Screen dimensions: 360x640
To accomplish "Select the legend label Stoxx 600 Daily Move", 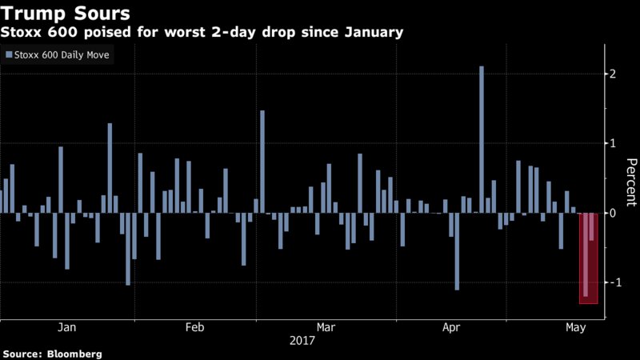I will pos(62,55).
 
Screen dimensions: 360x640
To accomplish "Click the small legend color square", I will pos(9,55).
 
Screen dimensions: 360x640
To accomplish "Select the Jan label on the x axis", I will pos(67,327).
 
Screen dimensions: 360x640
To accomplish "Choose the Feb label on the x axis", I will pos(195,327).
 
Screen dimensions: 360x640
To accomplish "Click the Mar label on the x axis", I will pos(326,327).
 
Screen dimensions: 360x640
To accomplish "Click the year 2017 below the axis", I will pos(302,340).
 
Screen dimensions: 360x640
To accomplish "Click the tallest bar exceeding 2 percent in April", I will pos(482,139).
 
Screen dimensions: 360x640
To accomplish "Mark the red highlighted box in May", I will pos(589,258).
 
